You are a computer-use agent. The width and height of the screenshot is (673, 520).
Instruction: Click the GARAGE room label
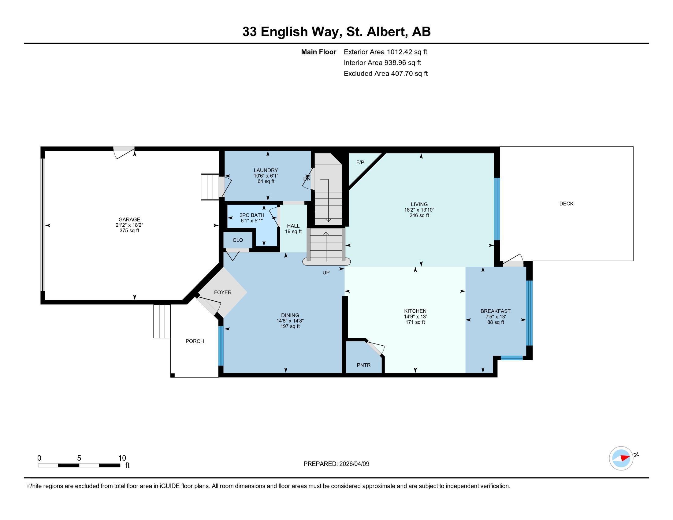129,219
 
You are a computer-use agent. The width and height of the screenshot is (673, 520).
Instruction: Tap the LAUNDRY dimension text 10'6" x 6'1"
266,176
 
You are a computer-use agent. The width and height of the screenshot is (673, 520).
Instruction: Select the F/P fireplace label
360,162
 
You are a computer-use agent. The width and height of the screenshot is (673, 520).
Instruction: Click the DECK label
566,204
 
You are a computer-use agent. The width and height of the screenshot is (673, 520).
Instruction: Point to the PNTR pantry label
364,365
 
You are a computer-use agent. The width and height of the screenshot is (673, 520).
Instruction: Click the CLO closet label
238,240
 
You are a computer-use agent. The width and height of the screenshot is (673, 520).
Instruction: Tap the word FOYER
222,292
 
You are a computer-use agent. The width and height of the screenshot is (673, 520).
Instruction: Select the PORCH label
195,341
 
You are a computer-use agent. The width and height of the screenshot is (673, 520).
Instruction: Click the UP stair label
326,273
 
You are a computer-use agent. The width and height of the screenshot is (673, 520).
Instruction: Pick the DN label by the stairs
307,179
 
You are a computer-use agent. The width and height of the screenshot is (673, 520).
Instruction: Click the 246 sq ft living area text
419,215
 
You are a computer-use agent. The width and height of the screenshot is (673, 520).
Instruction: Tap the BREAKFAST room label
495,311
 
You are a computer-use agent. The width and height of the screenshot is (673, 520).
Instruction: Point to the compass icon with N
621,459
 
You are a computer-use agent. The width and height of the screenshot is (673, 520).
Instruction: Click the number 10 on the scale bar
122,458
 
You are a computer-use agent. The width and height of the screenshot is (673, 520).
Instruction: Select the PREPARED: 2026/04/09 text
336,464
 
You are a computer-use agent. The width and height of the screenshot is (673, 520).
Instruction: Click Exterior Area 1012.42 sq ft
385,52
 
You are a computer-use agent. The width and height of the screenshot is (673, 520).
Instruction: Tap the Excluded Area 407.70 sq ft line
385,73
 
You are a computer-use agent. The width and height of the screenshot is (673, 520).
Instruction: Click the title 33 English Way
291,32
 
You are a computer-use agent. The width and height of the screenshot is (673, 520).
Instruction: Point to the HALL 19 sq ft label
293,228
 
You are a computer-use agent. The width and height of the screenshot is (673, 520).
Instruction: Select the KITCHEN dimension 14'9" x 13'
415,316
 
